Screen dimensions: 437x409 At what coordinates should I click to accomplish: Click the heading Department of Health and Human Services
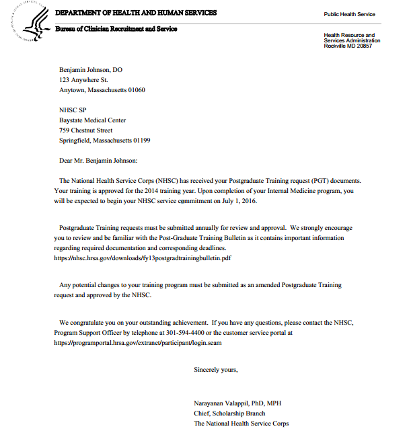tap(136, 13)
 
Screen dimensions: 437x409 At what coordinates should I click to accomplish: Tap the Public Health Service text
tap(350, 14)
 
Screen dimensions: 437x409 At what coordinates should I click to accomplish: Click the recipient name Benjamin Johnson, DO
tap(91, 69)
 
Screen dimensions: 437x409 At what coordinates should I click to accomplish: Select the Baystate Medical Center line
tap(92, 120)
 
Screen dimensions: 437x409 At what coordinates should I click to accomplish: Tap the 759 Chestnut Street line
tap(85, 130)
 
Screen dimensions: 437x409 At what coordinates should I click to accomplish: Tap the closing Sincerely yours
tap(215, 370)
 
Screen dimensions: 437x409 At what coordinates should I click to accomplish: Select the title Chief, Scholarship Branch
tap(229, 413)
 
